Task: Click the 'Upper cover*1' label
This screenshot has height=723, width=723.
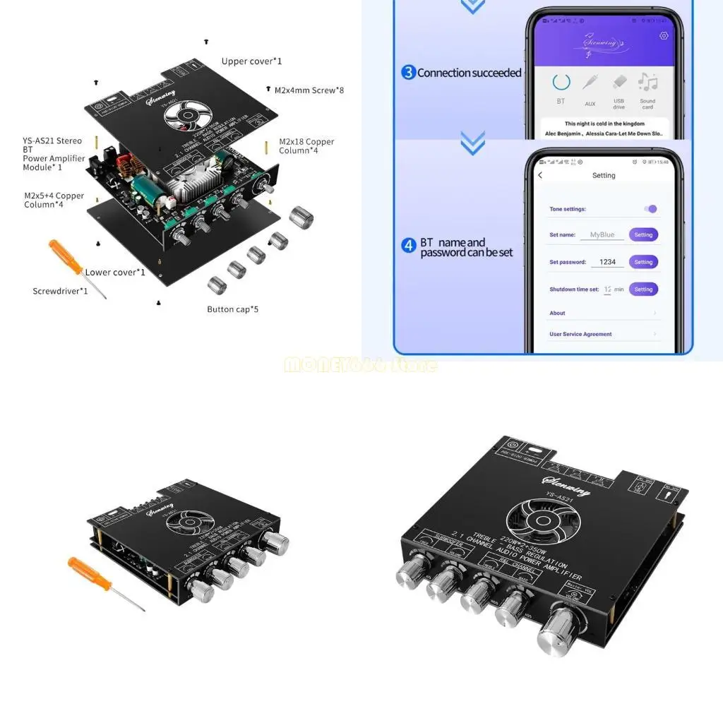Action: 251,61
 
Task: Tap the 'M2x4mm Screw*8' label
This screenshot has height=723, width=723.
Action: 309,90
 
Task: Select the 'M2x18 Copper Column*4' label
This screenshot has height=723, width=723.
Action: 306,146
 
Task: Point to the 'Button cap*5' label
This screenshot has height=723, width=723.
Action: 232,309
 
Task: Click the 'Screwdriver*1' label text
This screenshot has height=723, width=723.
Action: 61,291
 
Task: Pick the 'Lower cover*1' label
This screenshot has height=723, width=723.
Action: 115,273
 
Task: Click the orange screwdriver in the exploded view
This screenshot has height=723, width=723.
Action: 76,267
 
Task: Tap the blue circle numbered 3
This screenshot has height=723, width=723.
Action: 408,72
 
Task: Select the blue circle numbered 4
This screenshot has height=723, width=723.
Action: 408,246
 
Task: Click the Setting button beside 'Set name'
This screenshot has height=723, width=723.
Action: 643,234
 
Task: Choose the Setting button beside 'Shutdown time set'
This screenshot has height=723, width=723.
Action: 643,289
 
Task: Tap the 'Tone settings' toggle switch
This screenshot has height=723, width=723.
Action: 651,209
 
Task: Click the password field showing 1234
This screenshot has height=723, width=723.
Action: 607,262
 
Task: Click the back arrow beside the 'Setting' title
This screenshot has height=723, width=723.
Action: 540,175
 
